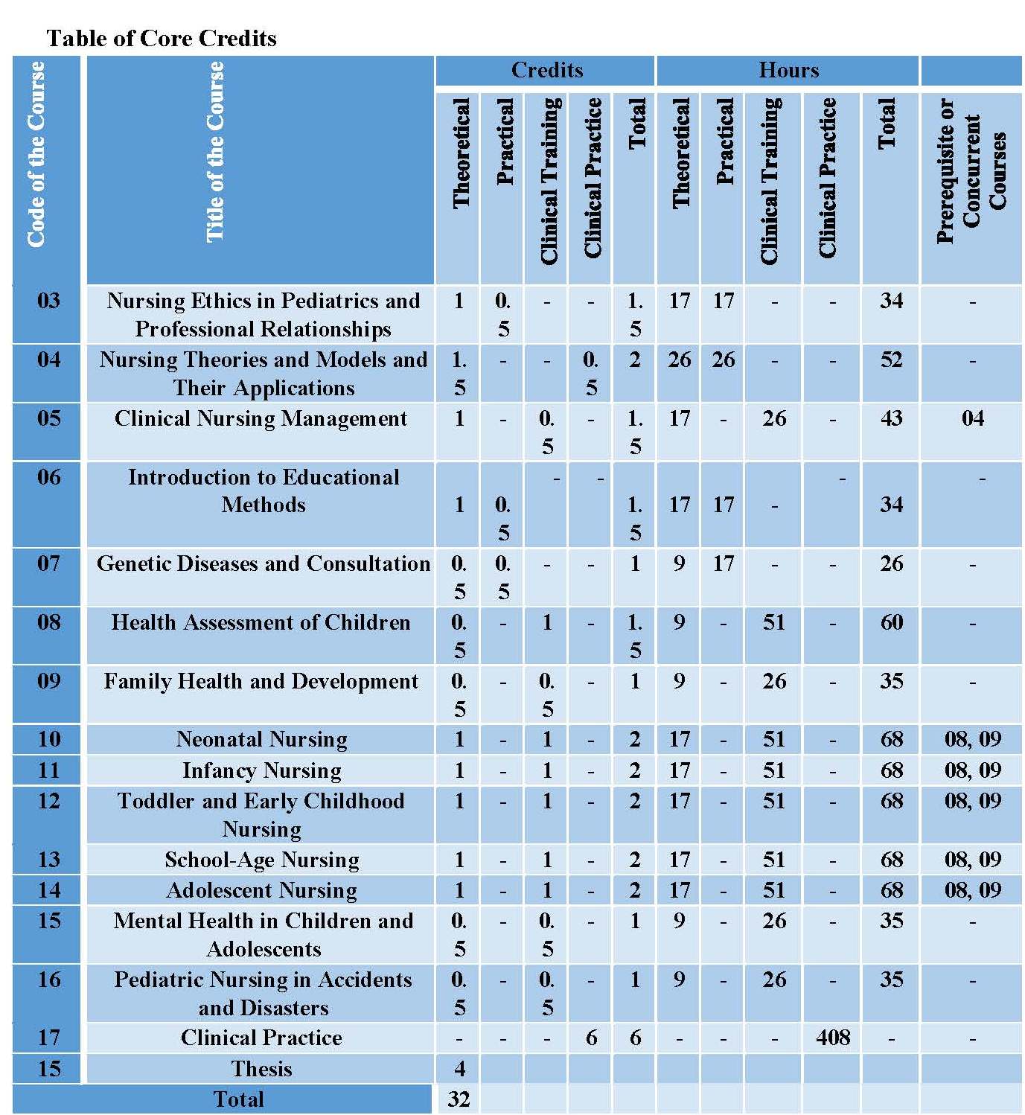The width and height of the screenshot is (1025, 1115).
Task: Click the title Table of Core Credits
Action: pyautogui.click(x=162, y=39)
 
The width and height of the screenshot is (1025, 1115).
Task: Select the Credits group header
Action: pyautogui.click(x=547, y=70)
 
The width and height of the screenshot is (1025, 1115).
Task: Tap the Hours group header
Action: pyautogui.click(x=789, y=70)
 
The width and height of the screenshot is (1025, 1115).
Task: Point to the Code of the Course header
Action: pyautogui.click(x=36, y=154)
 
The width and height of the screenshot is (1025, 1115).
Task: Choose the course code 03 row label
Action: pyautogui.click(x=48, y=301)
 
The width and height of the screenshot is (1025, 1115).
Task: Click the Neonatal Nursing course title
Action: pyautogui.click(x=262, y=739)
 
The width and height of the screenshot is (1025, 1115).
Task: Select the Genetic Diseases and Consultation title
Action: pyautogui.click(x=264, y=563)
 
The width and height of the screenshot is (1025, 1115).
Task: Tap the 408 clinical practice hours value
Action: pyautogui.click(x=833, y=1038)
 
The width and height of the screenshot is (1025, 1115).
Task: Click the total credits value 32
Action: pyautogui.click(x=459, y=1099)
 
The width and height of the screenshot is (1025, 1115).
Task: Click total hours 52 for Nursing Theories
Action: pyautogui.click(x=891, y=360)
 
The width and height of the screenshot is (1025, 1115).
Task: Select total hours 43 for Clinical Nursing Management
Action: pyautogui.click(x=891, y=418)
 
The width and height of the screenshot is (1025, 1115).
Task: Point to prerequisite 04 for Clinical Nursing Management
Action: pyautogui.click(x=973, y=418)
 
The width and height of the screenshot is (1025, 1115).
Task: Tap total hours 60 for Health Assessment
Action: pyautogui.click(x=891, y=622)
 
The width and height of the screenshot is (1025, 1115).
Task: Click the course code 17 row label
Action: pyautogui.click(x=49, y=1037)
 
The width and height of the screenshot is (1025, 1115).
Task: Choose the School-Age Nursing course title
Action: pyautogui.click(x=262, y=859)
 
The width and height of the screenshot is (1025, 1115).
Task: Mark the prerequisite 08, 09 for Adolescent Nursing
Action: pyautogui.click(x=973, y=890)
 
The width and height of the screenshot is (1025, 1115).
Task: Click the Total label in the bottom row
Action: pyautogui.click(x=238, y=1099)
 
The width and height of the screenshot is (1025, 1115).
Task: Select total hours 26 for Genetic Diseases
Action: pyautogui.click(x=891, y=563)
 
